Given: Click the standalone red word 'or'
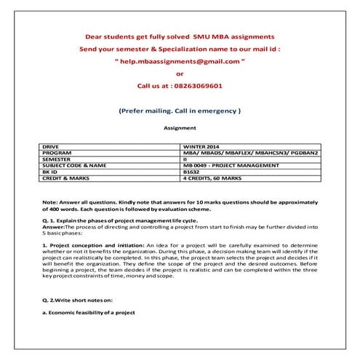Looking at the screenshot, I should [x=180, y=73].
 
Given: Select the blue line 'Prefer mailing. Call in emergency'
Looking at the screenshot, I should [x=180, y=111].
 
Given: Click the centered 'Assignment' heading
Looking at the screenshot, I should [x=180, y=127].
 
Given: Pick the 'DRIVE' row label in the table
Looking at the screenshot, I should [x=52, y=146].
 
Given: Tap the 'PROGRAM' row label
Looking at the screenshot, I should [x=57, y=153].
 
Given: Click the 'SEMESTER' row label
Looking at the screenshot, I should [x=57, y=159].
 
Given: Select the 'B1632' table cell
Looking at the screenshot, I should [x=191, y=171].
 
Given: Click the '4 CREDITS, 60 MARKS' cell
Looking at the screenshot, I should [x=215, y=177].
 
